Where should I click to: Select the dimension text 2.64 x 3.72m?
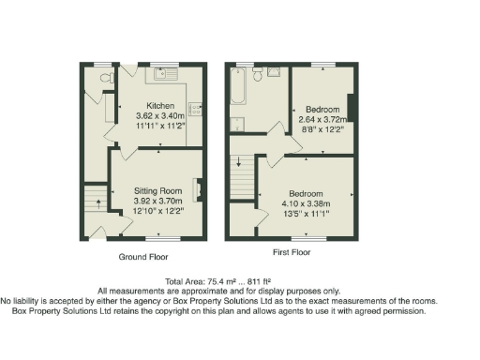[322, 119]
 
